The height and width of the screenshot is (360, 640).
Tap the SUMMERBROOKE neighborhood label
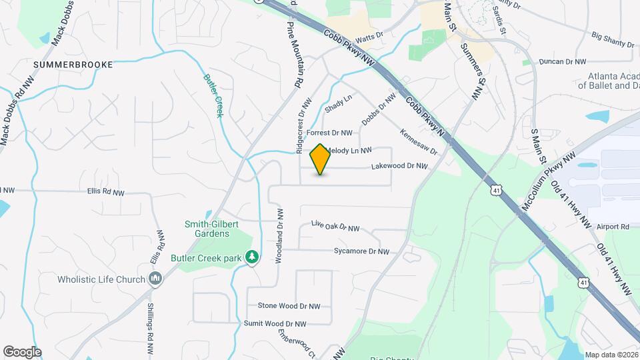pos(72,65)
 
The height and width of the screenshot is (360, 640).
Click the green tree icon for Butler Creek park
pos(252,257)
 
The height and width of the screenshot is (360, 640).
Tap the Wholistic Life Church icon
pos(155,279)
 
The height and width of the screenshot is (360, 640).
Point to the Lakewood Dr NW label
pos(399,166)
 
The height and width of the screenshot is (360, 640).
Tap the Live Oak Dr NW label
pos(335,227)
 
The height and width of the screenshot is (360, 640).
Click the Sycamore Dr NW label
pos(361,251)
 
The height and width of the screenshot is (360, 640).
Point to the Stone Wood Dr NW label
pos(289,306)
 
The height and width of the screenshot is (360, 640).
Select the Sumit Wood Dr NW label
pos(275,323)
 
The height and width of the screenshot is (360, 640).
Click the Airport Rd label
pos(613,227)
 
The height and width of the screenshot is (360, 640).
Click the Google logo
pos(22,351)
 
